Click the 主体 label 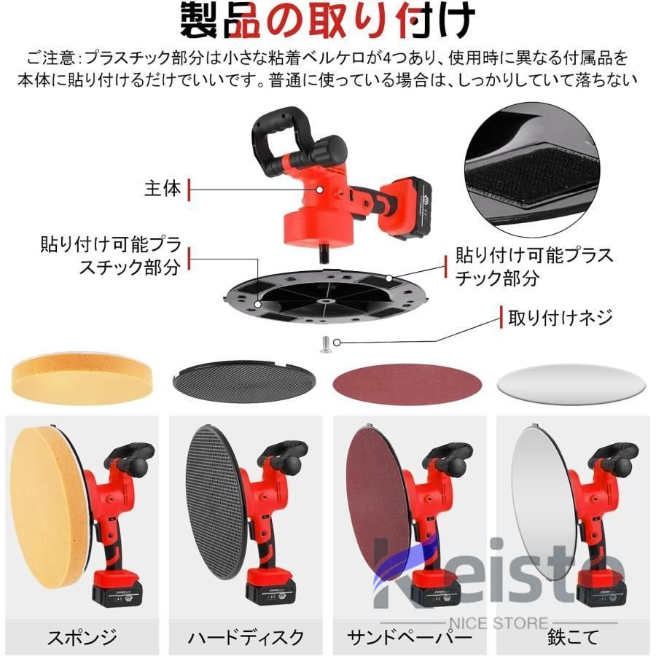click(162, 189)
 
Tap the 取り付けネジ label click(560, 317)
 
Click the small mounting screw click(326, 341)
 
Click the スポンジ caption click(82, 637)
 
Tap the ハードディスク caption click(246, 637)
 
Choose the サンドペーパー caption click(410, 637)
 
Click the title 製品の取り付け click(328, 22)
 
